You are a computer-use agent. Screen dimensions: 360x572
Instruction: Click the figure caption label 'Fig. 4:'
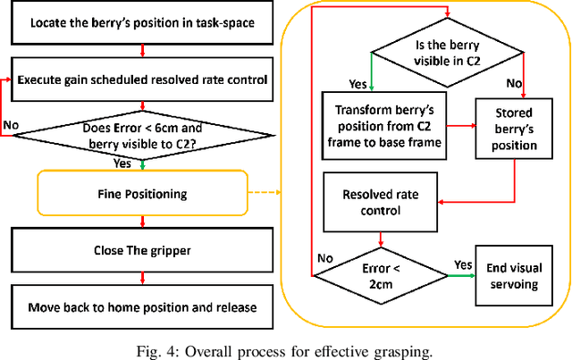pyautogui.click(x=157, y=348)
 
